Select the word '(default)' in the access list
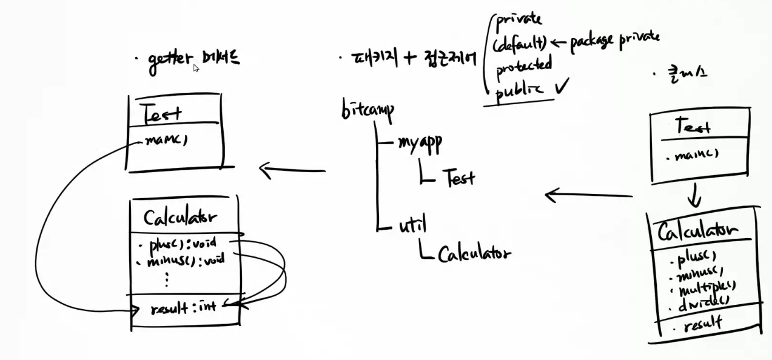pyautogui.click(x=521, y=43)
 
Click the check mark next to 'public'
pyautogui.click(x=562, y=88)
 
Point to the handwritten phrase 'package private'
pyautogui.click(x=614, y=39)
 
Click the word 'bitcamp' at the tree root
pyautogui.click(x=368, y=111)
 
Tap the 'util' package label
pyautogui.click(x=412, y=225)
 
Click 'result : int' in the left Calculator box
pyautogui.click(x=183, y=308)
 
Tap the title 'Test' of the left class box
pyautogui.click(x=161, y=112)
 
